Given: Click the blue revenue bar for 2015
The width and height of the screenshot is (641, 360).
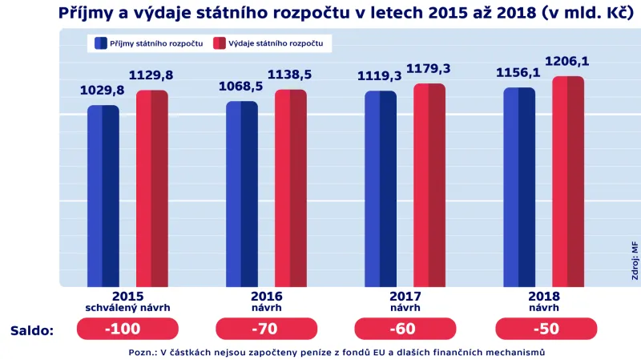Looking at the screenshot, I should (103, 196).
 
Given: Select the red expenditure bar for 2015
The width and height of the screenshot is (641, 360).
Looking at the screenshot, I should (151, 188).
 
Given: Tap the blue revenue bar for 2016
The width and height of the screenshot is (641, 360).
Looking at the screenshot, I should (242, 193).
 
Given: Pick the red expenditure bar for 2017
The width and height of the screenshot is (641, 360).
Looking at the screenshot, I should (429, 184).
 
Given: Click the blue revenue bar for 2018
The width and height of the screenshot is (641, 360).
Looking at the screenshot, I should (519, 187).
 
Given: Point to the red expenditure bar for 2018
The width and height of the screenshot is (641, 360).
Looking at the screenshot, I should (568, 181).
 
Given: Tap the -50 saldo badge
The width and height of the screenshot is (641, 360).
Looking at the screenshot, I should (546, 330).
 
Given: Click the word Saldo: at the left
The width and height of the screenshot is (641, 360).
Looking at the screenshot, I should (32, 330).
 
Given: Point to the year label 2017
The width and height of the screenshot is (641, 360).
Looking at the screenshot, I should (405, 296).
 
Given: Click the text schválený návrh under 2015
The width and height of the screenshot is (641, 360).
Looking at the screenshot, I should (127, 307).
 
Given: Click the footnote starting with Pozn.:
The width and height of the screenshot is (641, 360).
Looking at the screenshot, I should (337, 352).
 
